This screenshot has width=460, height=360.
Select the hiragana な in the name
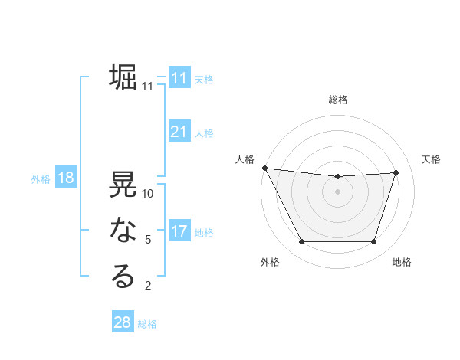pos(123,231)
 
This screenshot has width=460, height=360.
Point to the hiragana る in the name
pos(123,277)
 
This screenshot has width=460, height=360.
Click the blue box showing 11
pos(179,78)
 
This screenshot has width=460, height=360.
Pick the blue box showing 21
pos(179,132)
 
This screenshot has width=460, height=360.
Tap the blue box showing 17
pos(179,231)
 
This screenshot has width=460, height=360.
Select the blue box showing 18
pos(65,178)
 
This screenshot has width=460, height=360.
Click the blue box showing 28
pos(123,322)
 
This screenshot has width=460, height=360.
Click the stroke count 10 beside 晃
pos(148,194)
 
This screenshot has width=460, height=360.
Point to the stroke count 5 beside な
pos(148,240)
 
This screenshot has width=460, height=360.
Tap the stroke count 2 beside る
pos(148,286)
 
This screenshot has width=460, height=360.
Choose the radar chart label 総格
pos(338,100)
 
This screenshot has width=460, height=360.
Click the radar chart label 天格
pos(431,159)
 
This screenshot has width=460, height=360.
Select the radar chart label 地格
pos(402,262)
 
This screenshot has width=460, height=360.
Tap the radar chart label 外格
pos(270,262)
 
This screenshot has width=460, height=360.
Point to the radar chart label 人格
pos(244,159)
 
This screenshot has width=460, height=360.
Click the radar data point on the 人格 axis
pos(264,168)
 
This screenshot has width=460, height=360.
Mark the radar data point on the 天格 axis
pos(396,172)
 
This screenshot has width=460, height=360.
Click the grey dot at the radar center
pos(337,191)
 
